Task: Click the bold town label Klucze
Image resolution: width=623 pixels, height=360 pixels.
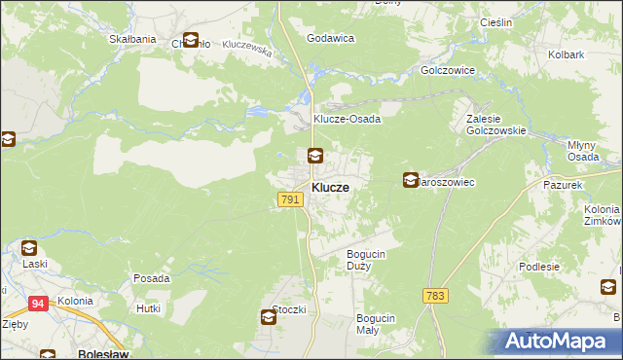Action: (331, 186)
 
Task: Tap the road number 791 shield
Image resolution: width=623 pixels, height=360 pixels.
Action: (289, 198)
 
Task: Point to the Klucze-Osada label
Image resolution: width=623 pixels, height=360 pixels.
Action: (346, 119)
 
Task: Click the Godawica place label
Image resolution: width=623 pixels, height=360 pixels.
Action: (329, 38)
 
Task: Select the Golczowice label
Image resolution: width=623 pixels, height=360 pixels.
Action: (447, 71)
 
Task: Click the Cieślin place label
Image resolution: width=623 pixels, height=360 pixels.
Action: (496, 22)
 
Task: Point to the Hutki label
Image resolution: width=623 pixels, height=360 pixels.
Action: (148, 307)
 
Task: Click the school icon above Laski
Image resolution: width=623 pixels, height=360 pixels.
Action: (28, 248)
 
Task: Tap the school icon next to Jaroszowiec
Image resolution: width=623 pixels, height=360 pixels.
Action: (411, 180)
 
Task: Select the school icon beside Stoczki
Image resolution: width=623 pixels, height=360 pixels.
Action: (268, 316)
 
